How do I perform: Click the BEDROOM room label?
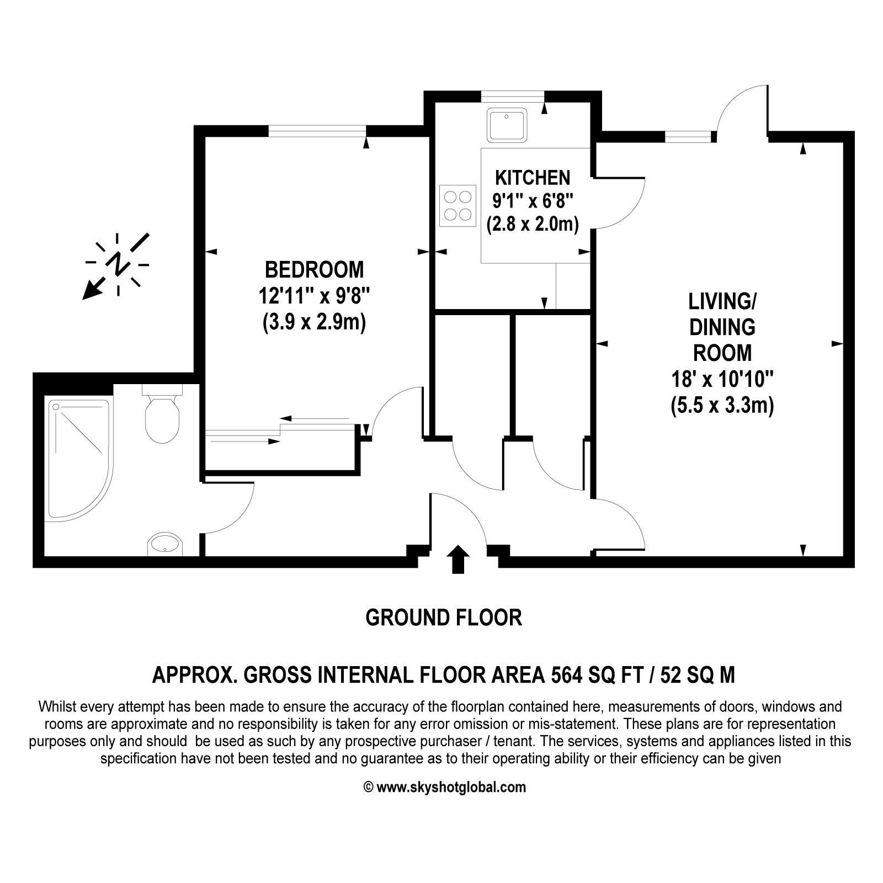tap(315, 270)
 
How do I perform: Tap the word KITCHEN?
tap(533, 178)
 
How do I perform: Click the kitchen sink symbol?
tap(507, 125)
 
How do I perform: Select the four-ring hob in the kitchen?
tap(458, 205)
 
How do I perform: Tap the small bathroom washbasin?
tap(164, 544)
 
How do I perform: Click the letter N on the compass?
tap(118, 264)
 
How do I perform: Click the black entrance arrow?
tap(458, 559)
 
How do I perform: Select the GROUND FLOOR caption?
tap(444, 618)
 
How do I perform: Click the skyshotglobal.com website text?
tap(451, 787)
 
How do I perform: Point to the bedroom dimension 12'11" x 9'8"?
tap(314, 296)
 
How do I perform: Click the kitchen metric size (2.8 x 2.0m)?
tap(533, 225)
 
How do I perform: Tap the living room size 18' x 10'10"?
tap(722, 380)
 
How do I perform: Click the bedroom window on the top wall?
tap(317, 131)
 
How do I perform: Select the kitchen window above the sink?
tap(513, 96)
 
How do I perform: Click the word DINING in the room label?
tap(722, 327)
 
